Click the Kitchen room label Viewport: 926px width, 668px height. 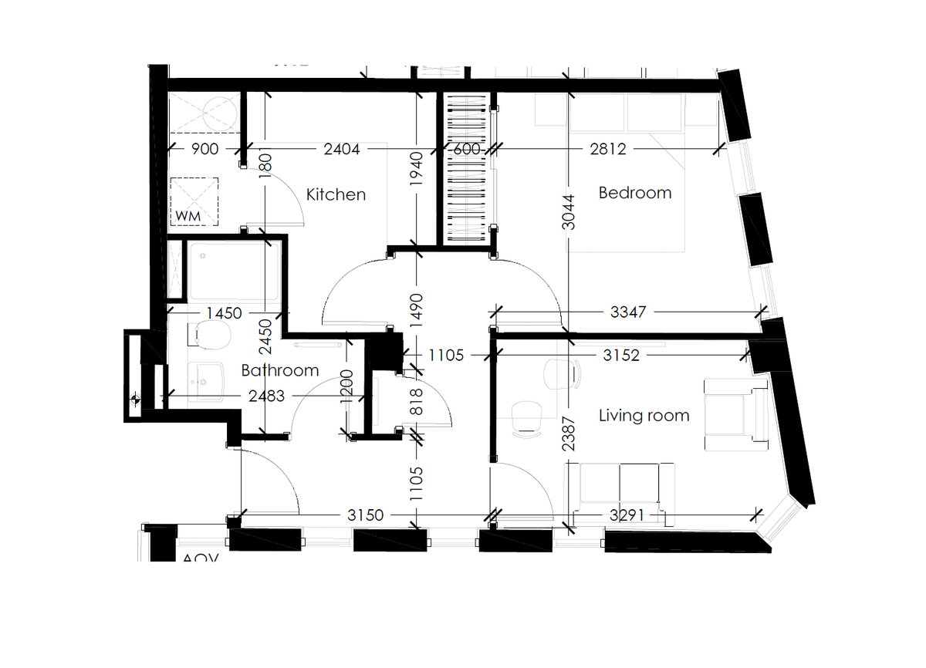tap(336, 194)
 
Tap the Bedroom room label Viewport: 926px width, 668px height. tap(635, 193)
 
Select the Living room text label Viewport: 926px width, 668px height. tap(644, 416)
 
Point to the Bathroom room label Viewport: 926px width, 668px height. tap(280, 370)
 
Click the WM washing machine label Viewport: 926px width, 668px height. tap(188, 217)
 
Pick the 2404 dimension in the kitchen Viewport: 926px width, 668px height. tap(342, 150)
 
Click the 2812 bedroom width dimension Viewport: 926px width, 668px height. tap(608, 150)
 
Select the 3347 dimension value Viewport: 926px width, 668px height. tap(629, 312)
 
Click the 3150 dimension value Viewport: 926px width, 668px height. tap(365, 514)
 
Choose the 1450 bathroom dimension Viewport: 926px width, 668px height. tap(224, 313)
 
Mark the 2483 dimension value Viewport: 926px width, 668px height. tap(266, 396)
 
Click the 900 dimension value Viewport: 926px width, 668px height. tap(204, 150)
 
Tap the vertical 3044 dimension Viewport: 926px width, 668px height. tap(569, 211)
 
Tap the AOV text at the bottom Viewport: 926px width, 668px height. tap(201, 558)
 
